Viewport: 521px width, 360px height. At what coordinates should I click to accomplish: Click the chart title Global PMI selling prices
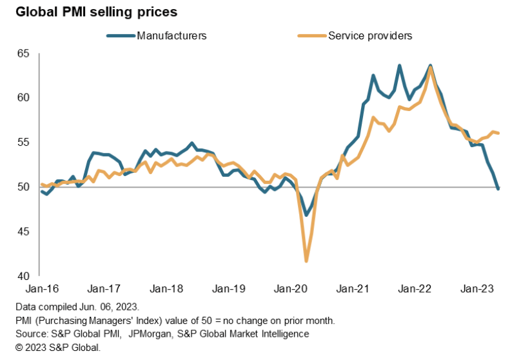[x=90, y=12]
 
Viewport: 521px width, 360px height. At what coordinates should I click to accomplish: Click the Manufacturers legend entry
[x=172, y=36]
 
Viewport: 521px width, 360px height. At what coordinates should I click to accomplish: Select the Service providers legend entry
[x=370, y=36]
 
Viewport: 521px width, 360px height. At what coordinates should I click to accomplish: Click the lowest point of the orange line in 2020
[x=306, y=261]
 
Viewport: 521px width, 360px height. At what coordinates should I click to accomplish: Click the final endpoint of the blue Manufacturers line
[x=498, y=188]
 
